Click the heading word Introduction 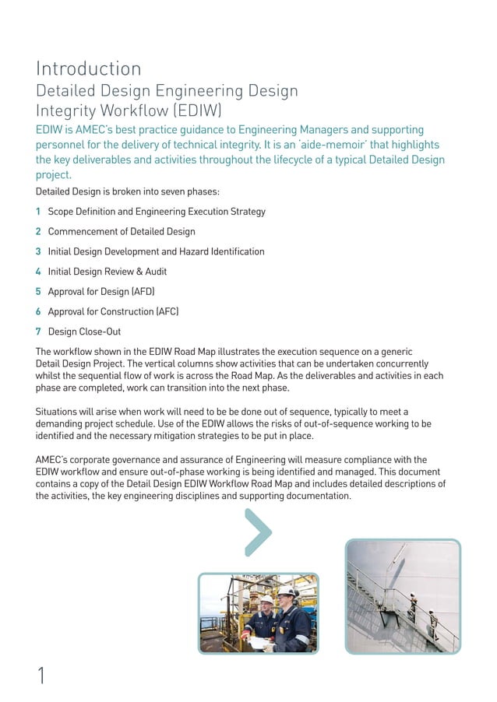click(89, 68)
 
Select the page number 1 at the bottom click(41, 676)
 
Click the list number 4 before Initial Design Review click(39, 272)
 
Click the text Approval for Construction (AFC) click(113, 311)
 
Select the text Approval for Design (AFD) click(101, 292)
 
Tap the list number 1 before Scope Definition click(39, 212)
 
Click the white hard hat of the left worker click(267, 600)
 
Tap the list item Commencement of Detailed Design click(122, 231)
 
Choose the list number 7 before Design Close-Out click(39, 332)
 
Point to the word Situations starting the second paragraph click(58, 411)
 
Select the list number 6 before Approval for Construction click(39, 311)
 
